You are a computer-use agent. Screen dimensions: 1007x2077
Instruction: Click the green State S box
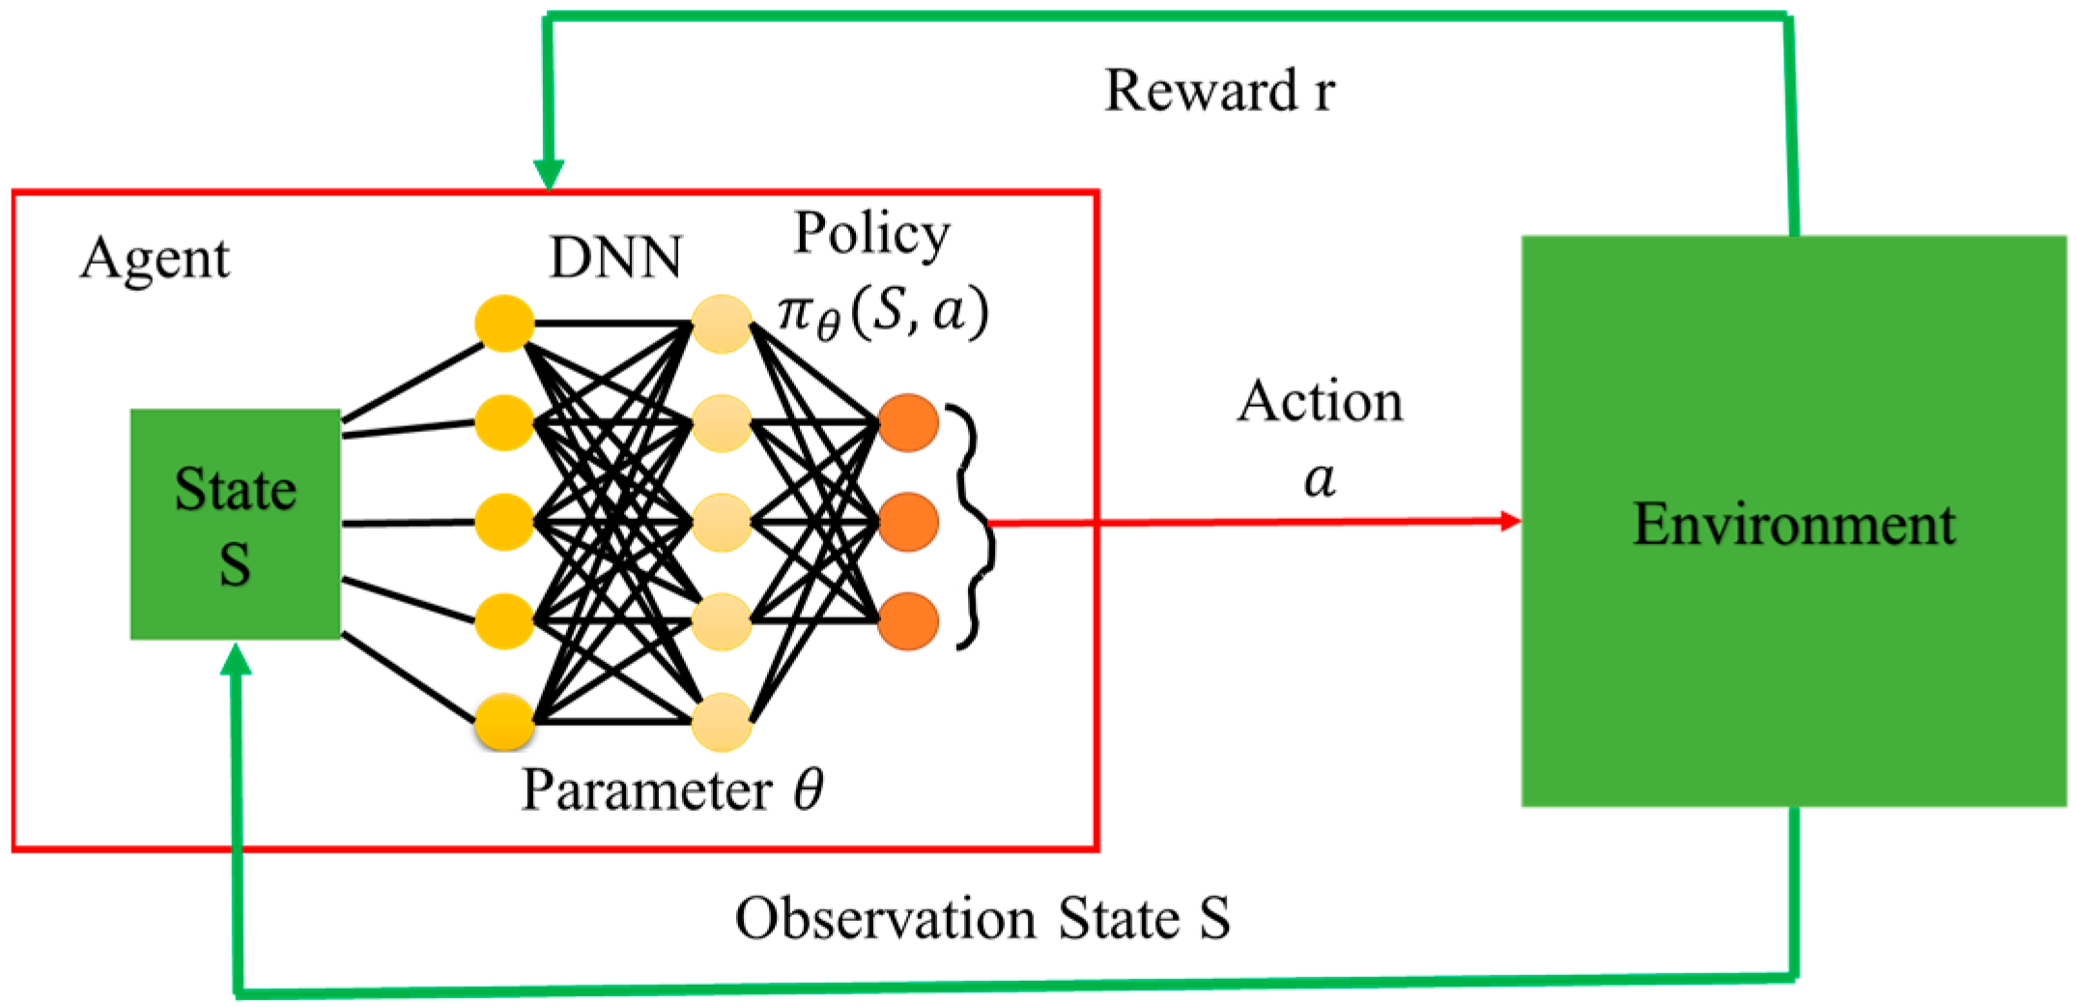tap(235, 524)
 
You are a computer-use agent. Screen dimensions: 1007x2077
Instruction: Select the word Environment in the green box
tap(1793, 525)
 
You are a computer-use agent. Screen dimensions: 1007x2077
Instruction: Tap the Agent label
tap(155, 259)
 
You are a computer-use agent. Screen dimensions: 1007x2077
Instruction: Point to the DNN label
tap(615, 258)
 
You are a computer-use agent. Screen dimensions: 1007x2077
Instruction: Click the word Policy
tap(871, 234)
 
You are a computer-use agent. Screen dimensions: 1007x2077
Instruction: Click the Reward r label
tap(1219, 91)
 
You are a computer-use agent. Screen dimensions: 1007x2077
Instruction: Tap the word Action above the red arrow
tap(1320, 401)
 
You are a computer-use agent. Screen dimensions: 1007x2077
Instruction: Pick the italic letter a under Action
tap(1320, 478)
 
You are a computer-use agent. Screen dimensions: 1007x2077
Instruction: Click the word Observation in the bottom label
tap(885, 918)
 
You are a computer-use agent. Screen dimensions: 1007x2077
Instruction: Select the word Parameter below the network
tap(646, 791)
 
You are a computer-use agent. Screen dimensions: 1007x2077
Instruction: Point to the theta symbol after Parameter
tap(809, 790)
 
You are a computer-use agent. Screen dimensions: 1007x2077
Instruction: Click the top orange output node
tap(908, 422)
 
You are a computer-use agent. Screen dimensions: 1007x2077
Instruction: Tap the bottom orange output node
tap(908, 620)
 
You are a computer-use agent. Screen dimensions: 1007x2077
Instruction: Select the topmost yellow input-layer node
tap(504, 323)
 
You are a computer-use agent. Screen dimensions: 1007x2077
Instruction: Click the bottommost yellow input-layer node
tap(504, 721)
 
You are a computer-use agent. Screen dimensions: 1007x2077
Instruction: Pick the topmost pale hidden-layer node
tap(722, 324)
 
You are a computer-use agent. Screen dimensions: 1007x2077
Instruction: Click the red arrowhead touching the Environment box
tap(1510, 521)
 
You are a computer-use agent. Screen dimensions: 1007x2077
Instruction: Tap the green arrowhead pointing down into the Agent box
tap(549, 175)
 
